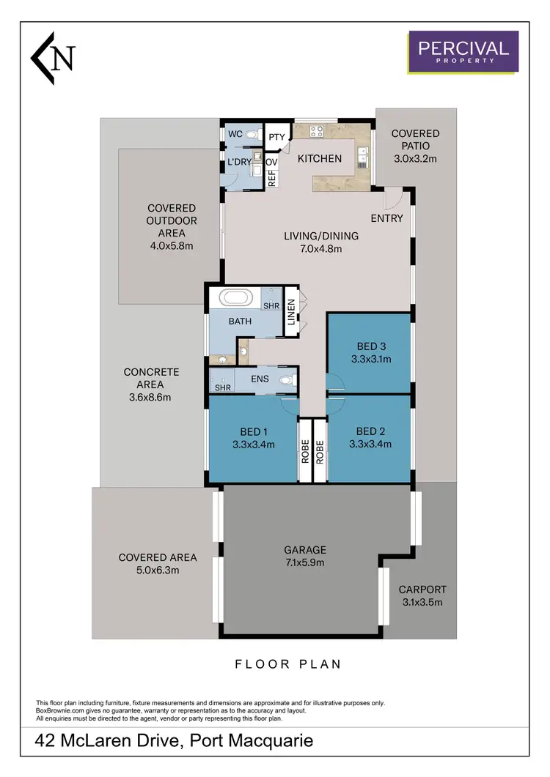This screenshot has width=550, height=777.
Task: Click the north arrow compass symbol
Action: point(53,57)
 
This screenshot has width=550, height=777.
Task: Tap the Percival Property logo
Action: point(463,51)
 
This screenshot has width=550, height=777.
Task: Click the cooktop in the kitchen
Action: point(317,132)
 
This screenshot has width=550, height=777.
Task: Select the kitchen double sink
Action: point(363,156)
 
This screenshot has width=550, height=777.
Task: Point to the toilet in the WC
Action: point(253,135)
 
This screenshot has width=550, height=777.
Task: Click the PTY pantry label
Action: point(276,137)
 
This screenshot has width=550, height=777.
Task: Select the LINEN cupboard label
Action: point(291,312)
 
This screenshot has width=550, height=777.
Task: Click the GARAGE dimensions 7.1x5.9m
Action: point(304,562)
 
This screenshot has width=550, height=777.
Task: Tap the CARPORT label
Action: point(422,590)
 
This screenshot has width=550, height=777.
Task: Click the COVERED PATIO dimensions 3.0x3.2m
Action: point(415,158)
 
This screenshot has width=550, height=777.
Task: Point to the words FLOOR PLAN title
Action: point(287,664)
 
